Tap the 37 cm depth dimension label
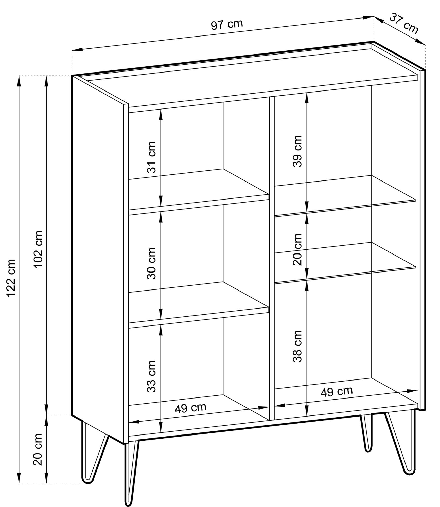click(x=404, y=24)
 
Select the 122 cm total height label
click(x=11, y=278)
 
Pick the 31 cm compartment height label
click(x=152, y=157)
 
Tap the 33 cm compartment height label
click(x=152, y=376)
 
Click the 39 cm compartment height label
click(x=297, y=151)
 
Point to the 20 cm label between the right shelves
click(x=297, y=249)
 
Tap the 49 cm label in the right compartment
click(x=337, y=392)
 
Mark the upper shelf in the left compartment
click(x=199, y=189)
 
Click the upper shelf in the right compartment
click(x=345, y=196)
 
